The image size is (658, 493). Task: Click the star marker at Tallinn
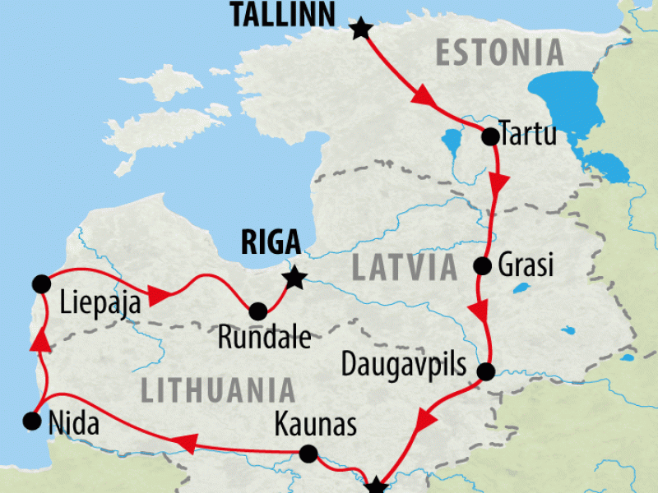pyautogui.click(x=360, y=30)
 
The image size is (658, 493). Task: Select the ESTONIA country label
pyautogui.click(x=500, y=53)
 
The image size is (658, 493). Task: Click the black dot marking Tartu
pyautogui.click(x=489, y=136)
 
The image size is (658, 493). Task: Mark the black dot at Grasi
pyautogui.click(x=483, y=266)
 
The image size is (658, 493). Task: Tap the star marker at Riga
pyautogui.click(x=293, y=278)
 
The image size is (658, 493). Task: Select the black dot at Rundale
pyautogui.click(x=257, y=311)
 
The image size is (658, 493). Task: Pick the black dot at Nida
pyautogui.click(x=32, y=422)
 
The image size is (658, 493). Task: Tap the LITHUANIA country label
pyautogui.click(x=217, y=390)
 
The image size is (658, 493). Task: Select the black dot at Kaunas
pyautogui.click(x=308, y=454)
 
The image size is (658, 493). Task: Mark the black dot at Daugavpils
pyautogui.click(x=485, y=371)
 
